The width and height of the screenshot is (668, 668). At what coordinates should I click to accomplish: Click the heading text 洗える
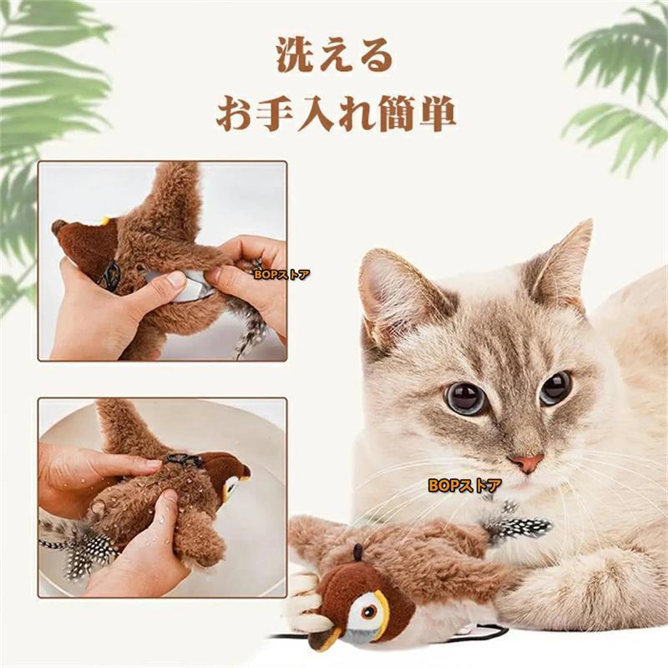[x=334, y=56]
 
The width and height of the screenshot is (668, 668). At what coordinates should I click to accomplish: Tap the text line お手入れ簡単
[x=334, y=114]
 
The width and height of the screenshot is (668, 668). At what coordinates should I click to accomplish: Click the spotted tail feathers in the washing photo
[x=83, y=547]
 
